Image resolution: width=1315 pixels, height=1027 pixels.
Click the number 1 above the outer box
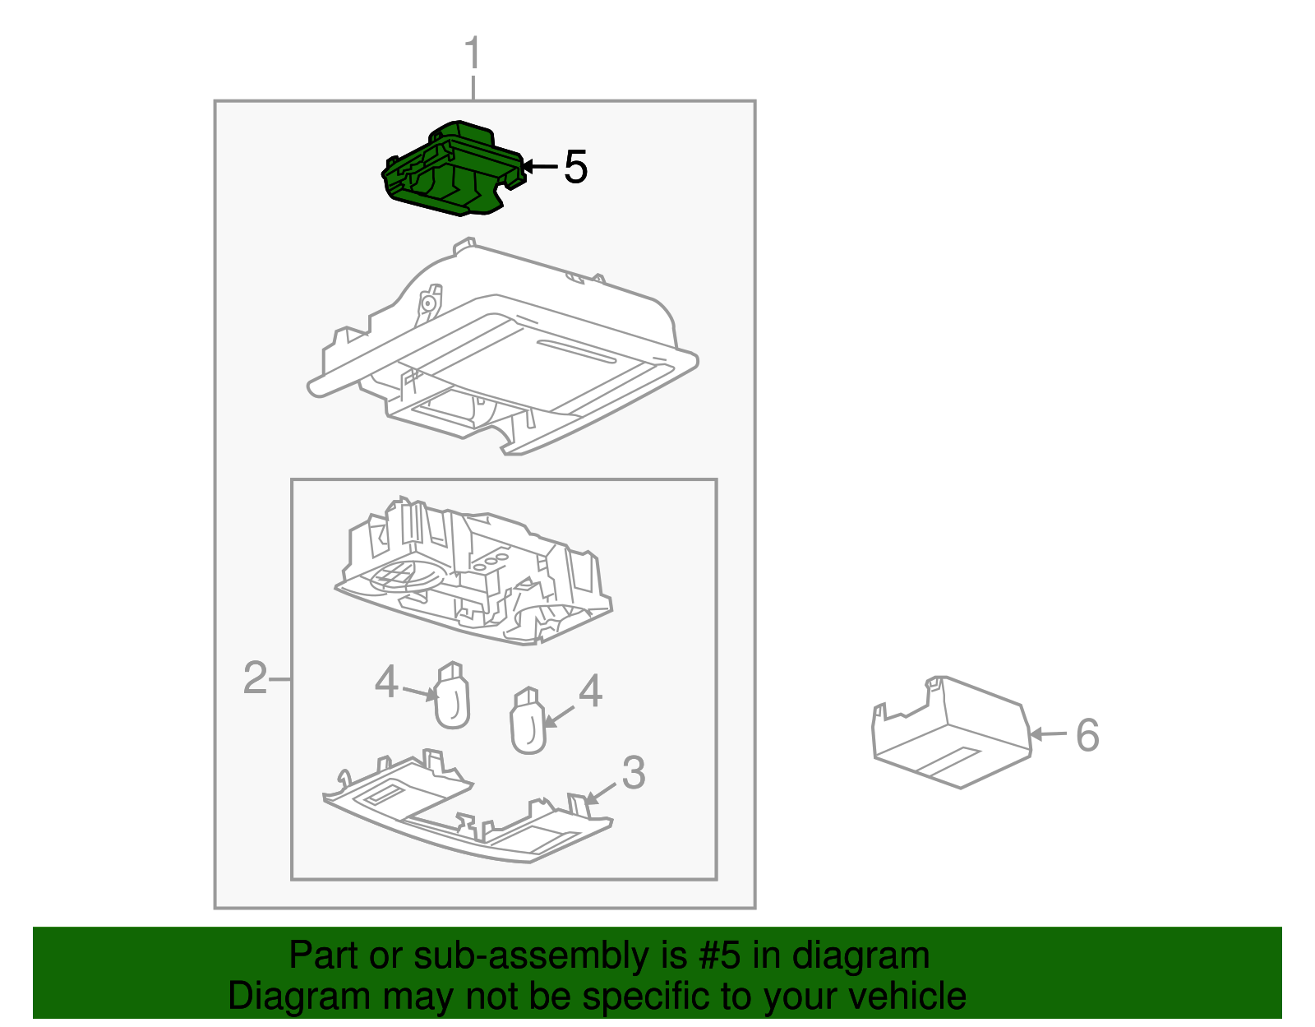coord(473,54)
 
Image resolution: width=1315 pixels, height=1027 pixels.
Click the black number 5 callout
coord(575,168)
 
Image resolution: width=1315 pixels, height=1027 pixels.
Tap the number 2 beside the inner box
coord(255,679)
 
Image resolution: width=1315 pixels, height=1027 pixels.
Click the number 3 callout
coord(633,773)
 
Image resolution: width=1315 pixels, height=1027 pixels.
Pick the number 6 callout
coord(1087,734)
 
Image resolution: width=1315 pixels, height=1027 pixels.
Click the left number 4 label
coord(386,682)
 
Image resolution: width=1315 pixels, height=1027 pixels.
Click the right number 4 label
coord(590,692)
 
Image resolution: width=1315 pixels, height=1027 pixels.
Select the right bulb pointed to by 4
coord(528,724)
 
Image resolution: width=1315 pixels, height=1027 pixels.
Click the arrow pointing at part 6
coord(1048,734)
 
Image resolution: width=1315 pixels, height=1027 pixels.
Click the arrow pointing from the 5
coord(539,167)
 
